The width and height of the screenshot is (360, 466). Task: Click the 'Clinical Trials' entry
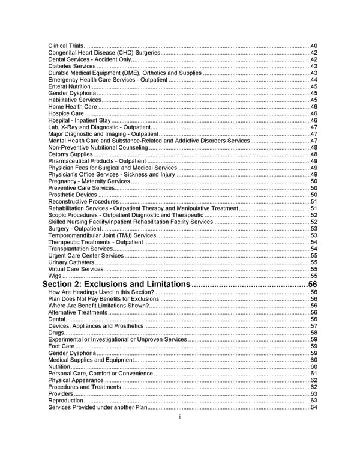click(66, 46)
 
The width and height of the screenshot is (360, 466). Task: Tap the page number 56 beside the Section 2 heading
click(312, 284)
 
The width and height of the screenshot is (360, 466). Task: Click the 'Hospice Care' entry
click(66, 113)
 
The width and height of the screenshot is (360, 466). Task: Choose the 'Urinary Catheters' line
click(71, 262)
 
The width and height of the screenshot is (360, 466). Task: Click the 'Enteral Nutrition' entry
click(69, 86)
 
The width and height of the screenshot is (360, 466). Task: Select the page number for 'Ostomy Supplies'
click(314, 154)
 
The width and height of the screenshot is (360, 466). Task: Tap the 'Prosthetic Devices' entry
click(72, 195)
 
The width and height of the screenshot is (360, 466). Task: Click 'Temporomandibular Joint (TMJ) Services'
click(102, 235)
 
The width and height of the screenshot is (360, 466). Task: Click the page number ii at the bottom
click(180, 417)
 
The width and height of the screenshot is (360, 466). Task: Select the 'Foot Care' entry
click(61, 346)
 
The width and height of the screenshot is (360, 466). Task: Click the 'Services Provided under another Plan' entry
click(97, 408)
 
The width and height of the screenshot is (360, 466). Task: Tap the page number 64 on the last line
click(314, 408)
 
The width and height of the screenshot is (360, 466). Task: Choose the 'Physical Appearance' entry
click(76, 380)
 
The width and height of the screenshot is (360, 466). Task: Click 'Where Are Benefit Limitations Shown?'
click(98, 306)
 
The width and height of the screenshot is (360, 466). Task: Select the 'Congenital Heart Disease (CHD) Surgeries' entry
click(104, 53)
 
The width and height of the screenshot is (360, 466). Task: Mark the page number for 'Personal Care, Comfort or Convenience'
click(314, 374)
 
